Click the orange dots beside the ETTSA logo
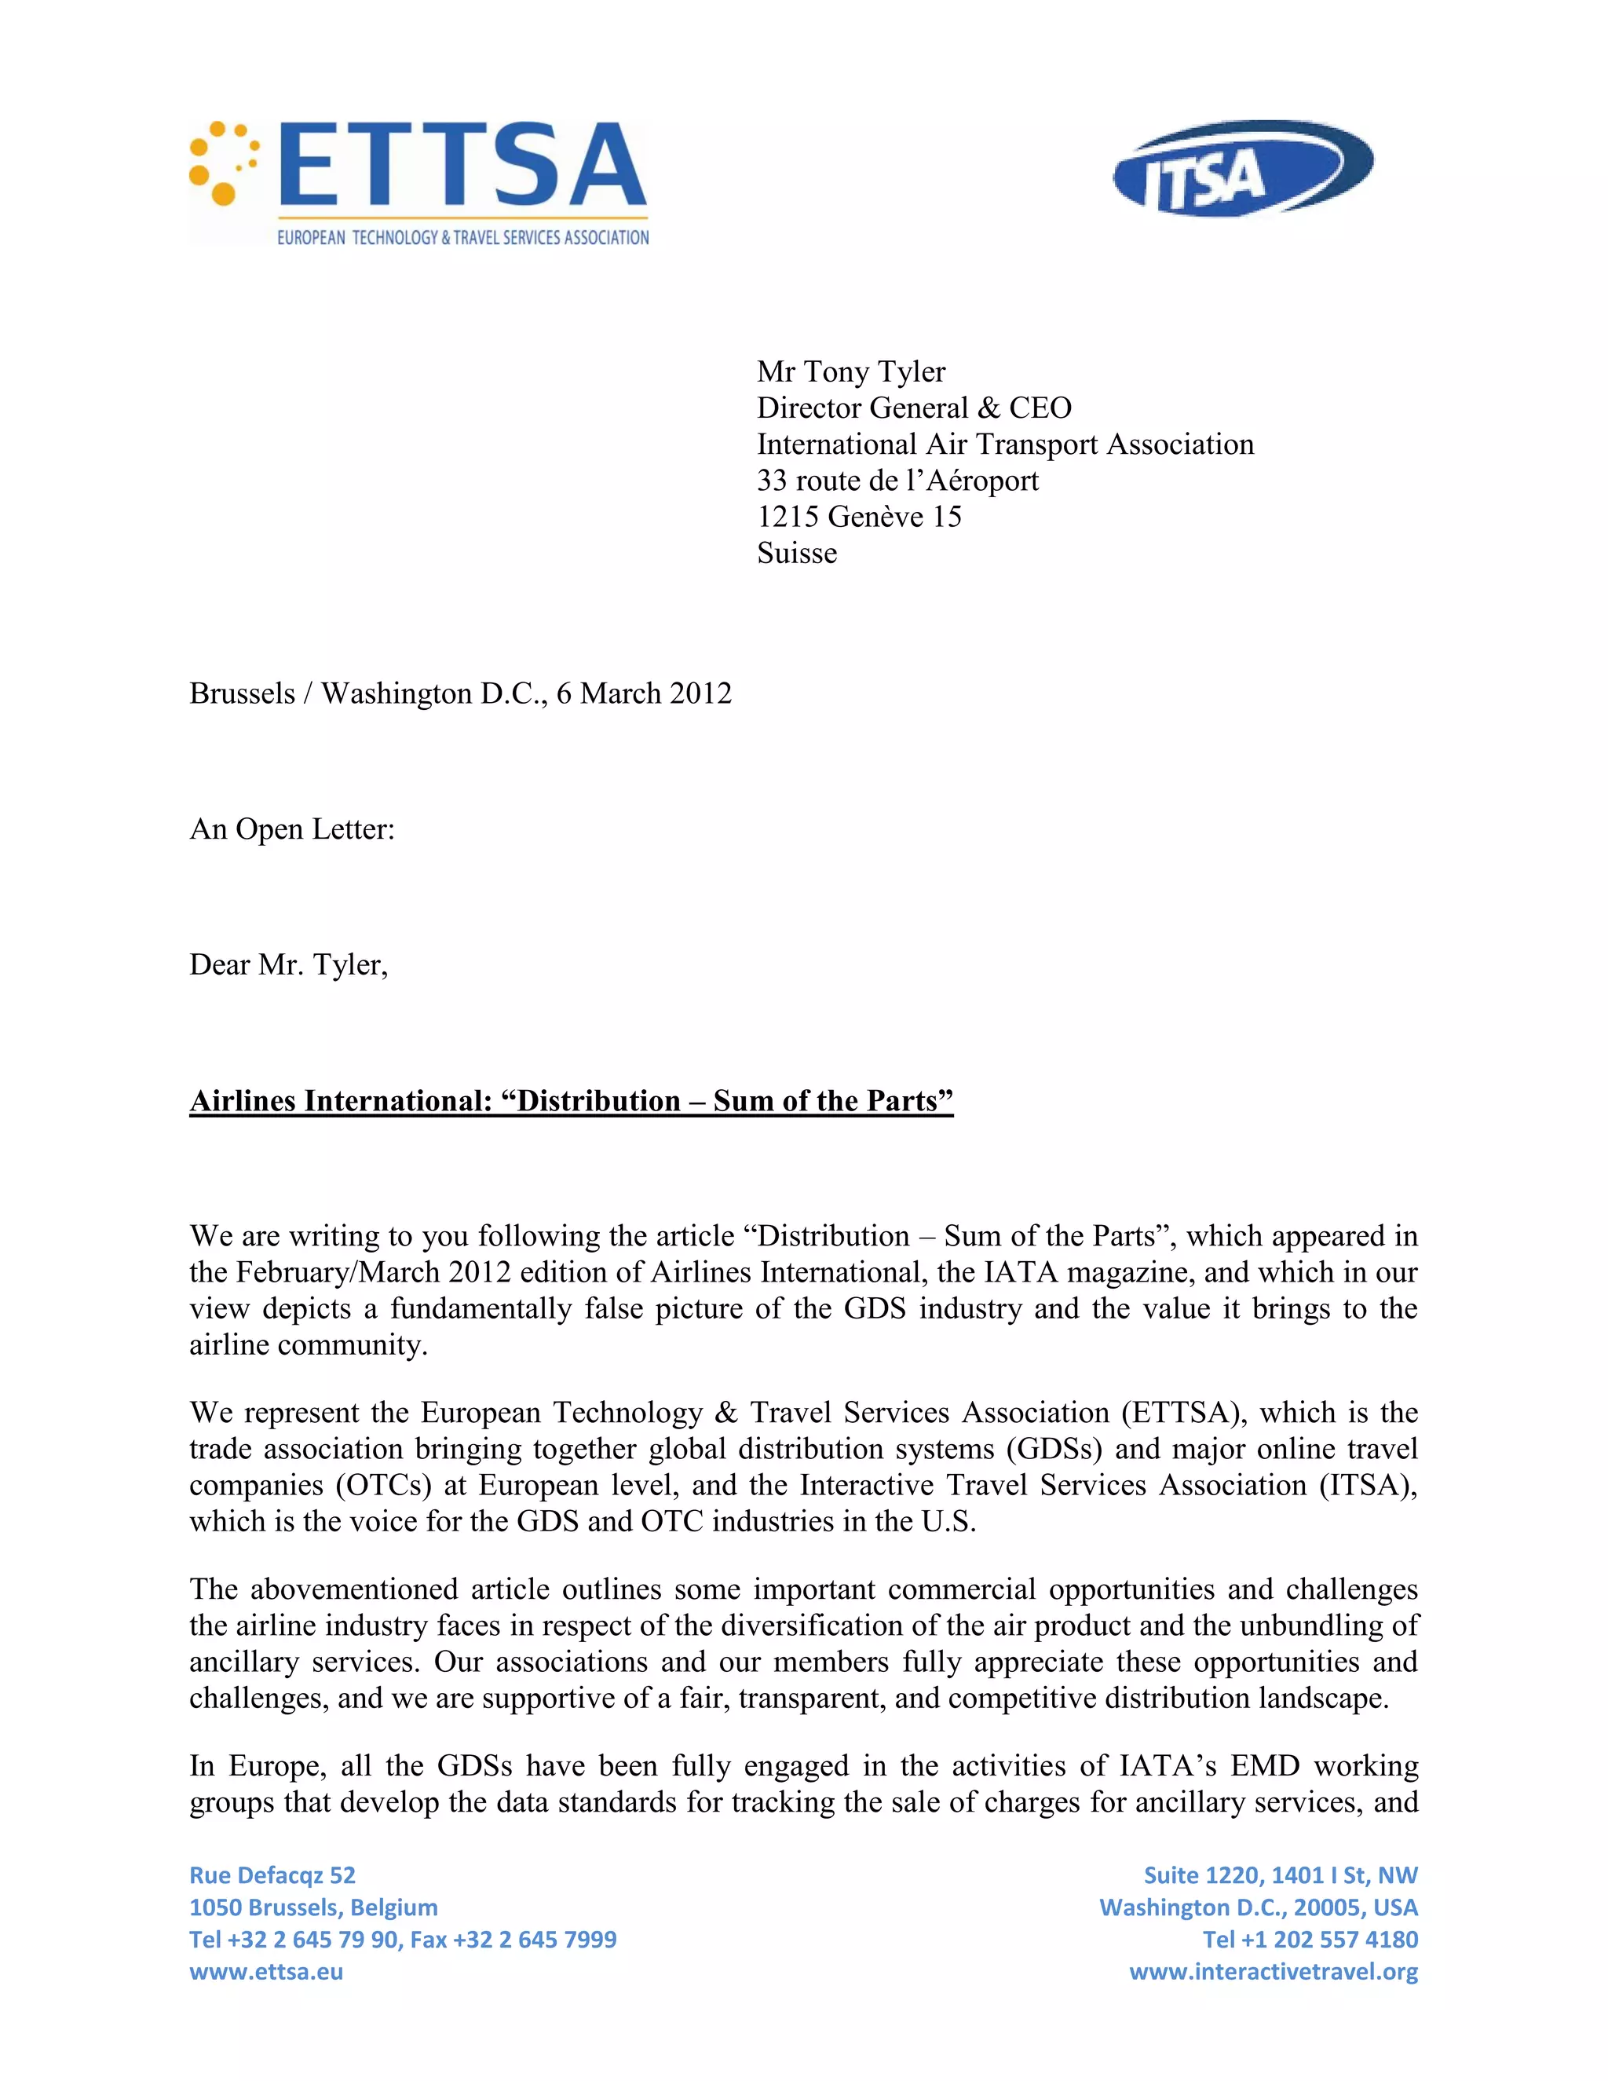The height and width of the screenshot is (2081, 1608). coord(224,163)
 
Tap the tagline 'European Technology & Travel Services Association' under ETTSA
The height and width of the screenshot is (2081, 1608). coord(463,237)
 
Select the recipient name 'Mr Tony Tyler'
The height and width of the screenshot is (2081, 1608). coord(850,371)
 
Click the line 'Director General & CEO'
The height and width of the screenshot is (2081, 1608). coord(914,408)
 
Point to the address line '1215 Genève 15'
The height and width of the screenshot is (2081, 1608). coord(858,517)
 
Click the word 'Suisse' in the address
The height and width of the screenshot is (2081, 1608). coord(796,553)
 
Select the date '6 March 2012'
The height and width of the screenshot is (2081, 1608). coord(644,693)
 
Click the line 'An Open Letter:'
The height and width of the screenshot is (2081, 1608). coord(291,829)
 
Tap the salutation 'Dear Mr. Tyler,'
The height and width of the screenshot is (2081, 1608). coord(289,964)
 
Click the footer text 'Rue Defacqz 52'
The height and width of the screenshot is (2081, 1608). coord(272,1875)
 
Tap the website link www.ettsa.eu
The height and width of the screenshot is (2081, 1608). coord(266,1971)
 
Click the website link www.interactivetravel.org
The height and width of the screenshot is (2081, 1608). coord(1273,1971)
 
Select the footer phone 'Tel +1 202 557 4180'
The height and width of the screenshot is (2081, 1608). coord(1310,1939)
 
